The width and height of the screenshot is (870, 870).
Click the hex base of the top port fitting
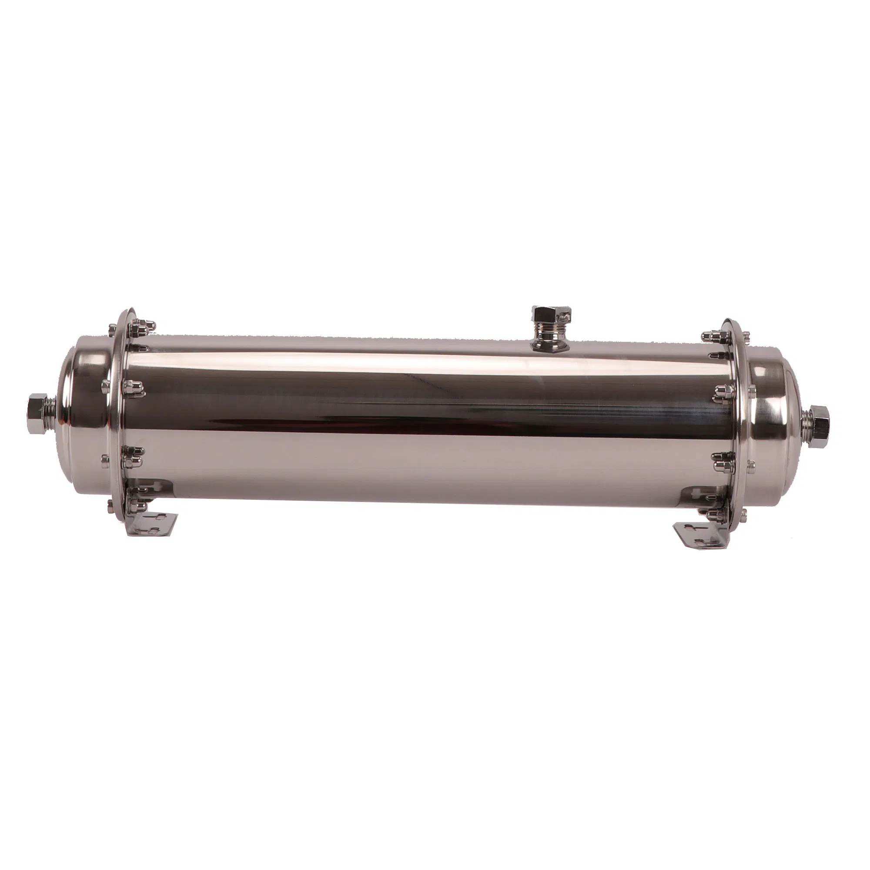(550, 345)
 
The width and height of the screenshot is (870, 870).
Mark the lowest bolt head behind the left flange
(110, 503)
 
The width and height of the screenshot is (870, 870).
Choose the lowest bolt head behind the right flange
(743, 511)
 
